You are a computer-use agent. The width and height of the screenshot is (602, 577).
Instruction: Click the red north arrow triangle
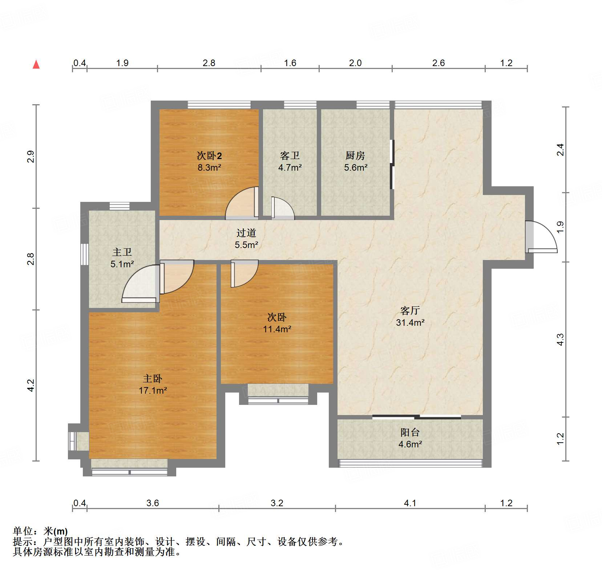click(36, 64)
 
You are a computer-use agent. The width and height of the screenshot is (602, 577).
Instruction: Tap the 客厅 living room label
click(410, 310)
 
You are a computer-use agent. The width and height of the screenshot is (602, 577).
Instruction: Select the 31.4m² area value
click(410, 322)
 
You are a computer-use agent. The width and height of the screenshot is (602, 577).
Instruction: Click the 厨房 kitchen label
click(355, 155)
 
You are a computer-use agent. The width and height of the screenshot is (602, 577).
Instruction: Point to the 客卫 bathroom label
click(290, 155)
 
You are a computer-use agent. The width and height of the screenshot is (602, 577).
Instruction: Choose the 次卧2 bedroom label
click(209, 155)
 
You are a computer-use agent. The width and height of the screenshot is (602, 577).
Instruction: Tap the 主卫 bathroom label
click(122, 252)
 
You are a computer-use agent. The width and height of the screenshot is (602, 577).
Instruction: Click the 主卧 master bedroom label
click(152, 379)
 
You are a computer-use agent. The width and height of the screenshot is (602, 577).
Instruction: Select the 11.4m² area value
click(277, 329)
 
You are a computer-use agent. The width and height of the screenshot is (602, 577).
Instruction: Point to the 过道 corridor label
click(246, 233)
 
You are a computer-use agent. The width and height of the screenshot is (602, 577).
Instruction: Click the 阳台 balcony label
click(410, 432)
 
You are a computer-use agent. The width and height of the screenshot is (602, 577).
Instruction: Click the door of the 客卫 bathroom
click(282, 208)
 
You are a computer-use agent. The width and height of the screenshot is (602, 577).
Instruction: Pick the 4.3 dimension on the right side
click(560, 339)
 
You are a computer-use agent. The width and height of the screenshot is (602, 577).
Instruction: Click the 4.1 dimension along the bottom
click(410, 503)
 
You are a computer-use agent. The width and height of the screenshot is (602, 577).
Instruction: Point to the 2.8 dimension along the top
click(209, 63)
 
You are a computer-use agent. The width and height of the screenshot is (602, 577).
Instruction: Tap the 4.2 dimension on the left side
click(31, 385)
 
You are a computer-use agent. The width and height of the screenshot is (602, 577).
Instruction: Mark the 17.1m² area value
click(153, 391)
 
